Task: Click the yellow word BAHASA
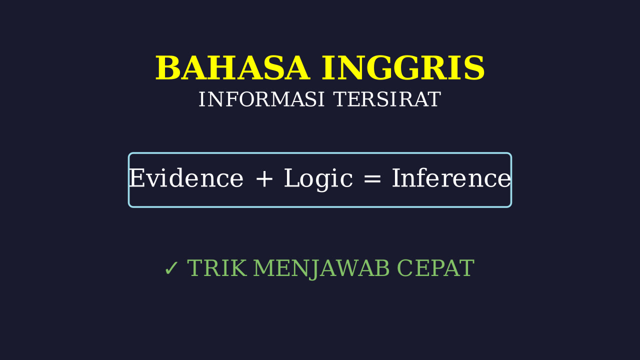pyautogui.click(x=232, y=68)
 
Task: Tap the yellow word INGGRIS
pyautogui.click(x=403, y=68)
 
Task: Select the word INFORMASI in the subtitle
pyautogui.click(x=261, y=99)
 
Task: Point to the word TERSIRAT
pyautogui.click(x=387, y=99)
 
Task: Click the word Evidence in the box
pyautogui.click(x=186, y=178)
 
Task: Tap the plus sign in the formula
pyautogui.click(x=264, y=179)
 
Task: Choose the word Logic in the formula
pyautogui.click(x=318, y=179)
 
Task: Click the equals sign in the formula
pyautogui.click(x=372, y=179)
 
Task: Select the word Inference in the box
pyautogui.click(x=451, y=178)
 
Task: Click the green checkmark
pyautogui.click(x=171, y=268)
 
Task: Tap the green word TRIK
pyautogui.click(x=217, y=268)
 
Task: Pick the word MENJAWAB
pyautogui.click(x=321, y=269)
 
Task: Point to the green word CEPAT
pyautogui.click(x=435, y=268)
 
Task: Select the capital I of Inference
pyautogui.click(x=396, y=178)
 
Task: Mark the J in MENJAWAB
pyautogui.click(x=314, y=270)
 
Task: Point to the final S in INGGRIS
pyautogui.click(x=474, y=68)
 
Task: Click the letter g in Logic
pyautogui.click(x=323, y=182)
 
